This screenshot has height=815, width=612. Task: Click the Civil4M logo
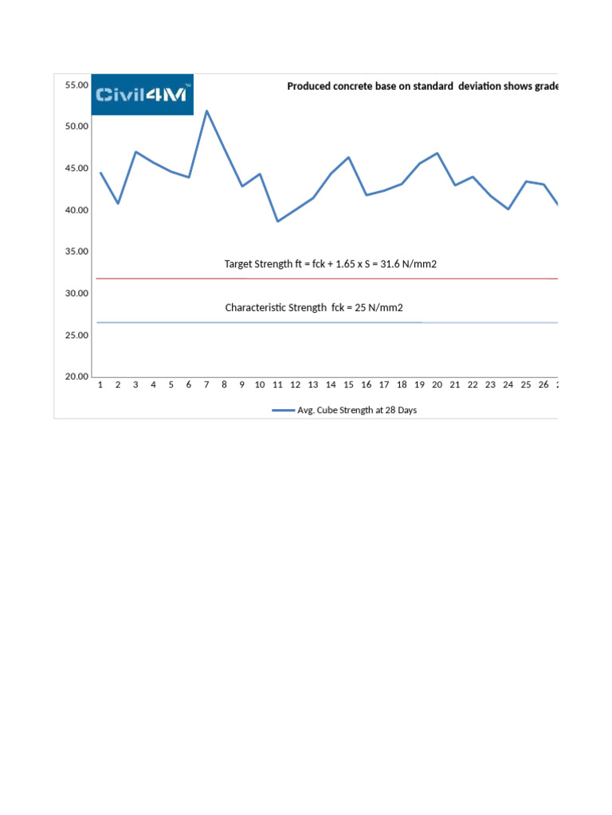coord(143,95)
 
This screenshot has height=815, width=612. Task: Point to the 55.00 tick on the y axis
coord(76,84)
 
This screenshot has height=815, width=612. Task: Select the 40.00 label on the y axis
coord(76,210)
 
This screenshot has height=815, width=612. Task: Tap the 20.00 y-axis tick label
coord(76,376)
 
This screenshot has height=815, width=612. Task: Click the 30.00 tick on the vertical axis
coord(76,294)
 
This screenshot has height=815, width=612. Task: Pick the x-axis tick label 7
coord(206,385)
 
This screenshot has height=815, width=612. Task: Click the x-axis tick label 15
coord(348,385)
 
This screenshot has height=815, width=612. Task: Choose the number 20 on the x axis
coord(437,385)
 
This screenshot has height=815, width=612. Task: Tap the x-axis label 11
coord(277,385)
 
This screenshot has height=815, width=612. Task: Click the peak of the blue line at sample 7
coord(206,111)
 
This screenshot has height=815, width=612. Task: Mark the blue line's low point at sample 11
coord(277,221)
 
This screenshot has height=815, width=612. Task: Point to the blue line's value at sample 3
coord(135,152)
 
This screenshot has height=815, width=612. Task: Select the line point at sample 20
coord(437,153)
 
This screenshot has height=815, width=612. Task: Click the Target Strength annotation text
coord(331,263)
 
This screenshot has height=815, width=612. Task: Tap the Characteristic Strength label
coord(320,307)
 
